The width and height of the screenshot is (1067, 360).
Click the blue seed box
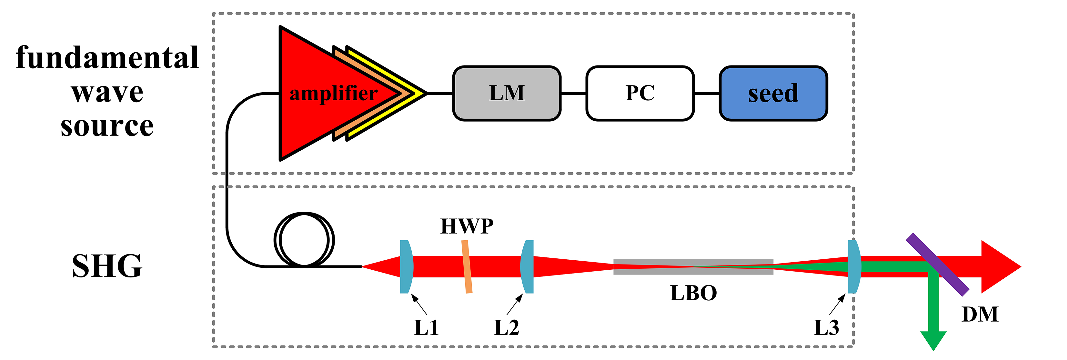pos(773,93)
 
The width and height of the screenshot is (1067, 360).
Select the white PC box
pos(639,93)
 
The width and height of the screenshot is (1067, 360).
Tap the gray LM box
pos(507,93)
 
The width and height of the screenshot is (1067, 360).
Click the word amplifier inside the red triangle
pos(333,94)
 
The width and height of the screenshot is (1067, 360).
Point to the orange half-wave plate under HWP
pos(467,267)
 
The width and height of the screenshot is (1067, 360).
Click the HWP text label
pos(467,226)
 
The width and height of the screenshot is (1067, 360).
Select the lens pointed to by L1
pos(406,267)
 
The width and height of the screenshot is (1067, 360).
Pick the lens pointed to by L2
pos(528,267)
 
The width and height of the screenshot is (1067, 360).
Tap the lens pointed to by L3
pos(854,267)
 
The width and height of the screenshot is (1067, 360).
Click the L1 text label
pos(426,328)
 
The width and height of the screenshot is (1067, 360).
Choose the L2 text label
pos(506,328)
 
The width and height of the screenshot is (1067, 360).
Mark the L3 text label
pos(826,328)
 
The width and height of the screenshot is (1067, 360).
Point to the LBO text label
pos(693,293)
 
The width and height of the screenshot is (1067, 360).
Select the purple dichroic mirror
pos(937,264)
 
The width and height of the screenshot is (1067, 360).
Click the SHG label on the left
pos(107,266)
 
